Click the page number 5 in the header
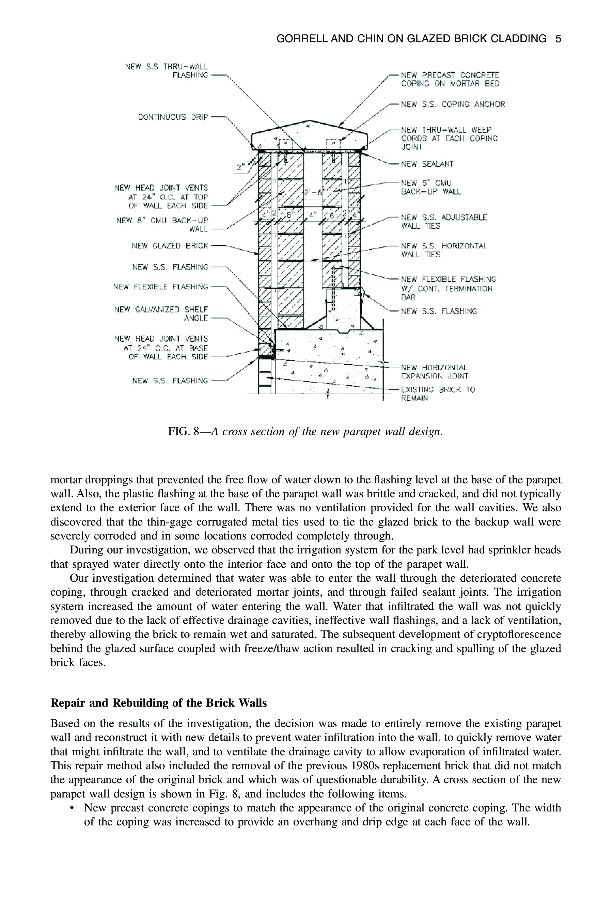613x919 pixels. [558, 39]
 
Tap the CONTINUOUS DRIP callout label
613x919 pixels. [173, 117]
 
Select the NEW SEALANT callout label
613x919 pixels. [427, 164]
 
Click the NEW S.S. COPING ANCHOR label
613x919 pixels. [453, 104]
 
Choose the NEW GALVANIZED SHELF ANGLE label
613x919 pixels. [161, 314]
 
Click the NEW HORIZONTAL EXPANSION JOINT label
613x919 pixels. [435, 372]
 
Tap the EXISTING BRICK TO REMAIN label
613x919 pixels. [438, 394]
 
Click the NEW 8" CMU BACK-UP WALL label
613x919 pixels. [162, 225]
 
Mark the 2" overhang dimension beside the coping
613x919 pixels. [241, 167]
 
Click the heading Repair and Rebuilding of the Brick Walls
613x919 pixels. [159, 703]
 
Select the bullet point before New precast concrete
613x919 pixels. [72, 808]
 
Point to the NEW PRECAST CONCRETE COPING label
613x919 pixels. [450, 79]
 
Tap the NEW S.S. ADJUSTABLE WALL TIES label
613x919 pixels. [444, 222]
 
